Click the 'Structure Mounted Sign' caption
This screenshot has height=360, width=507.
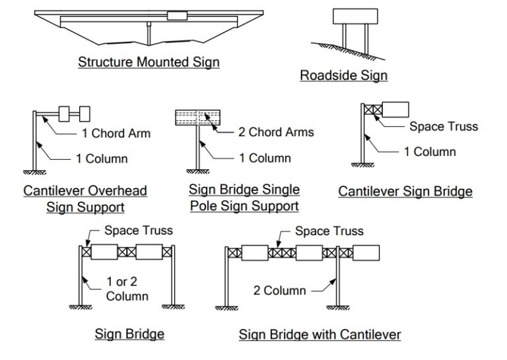click(149, 62)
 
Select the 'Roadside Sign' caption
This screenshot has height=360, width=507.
click(343, 75)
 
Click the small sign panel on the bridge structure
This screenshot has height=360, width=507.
click(177, 15)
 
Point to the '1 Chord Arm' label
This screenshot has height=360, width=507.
click(116, 133)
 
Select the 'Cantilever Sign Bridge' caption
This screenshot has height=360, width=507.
click(405, 192)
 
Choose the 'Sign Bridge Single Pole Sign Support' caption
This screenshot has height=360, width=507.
click(244, 198)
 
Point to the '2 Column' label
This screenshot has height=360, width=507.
click(280, 290)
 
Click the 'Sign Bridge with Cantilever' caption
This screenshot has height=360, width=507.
click(320, 334)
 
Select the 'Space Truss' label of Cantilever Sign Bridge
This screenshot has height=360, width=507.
click(443, 126)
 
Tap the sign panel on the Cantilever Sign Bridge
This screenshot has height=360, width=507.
click(395, 110)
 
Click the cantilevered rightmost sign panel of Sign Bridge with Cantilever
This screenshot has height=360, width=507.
click(366, 252)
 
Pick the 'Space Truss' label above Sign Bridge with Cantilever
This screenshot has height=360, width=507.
click(329, 231)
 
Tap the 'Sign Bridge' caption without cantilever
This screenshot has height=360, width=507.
click(129, 334)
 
